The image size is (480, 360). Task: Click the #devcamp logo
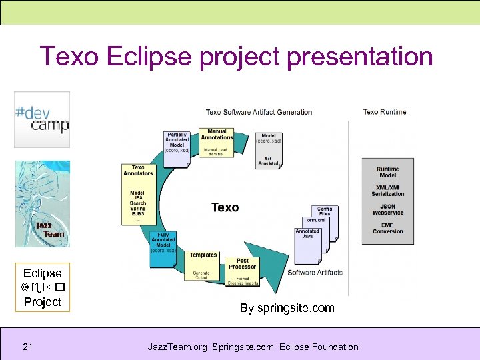click(x=42, y=119)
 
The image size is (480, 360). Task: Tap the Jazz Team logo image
click(x=42, y=203)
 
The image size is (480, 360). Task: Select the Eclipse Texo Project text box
click(x=42, y=287)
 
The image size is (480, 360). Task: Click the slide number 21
click(x=28, y=347)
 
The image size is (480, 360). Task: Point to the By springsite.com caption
click(x=287, y=308)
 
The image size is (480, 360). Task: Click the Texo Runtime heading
click(x=385, y=112)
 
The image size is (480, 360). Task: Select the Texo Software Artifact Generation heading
click(x=259, y=112)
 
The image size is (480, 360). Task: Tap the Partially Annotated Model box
click(x=177, y=143)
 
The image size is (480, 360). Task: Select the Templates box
click(x=203, y=255)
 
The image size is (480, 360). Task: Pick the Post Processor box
click(x=242, y=264)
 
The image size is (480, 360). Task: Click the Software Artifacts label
click(x=315, y=273)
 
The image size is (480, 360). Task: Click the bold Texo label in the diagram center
click(x=225, y=207)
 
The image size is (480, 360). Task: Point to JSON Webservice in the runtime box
click(x=387, y=210)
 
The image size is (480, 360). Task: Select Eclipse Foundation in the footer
click(x=319, y=347)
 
